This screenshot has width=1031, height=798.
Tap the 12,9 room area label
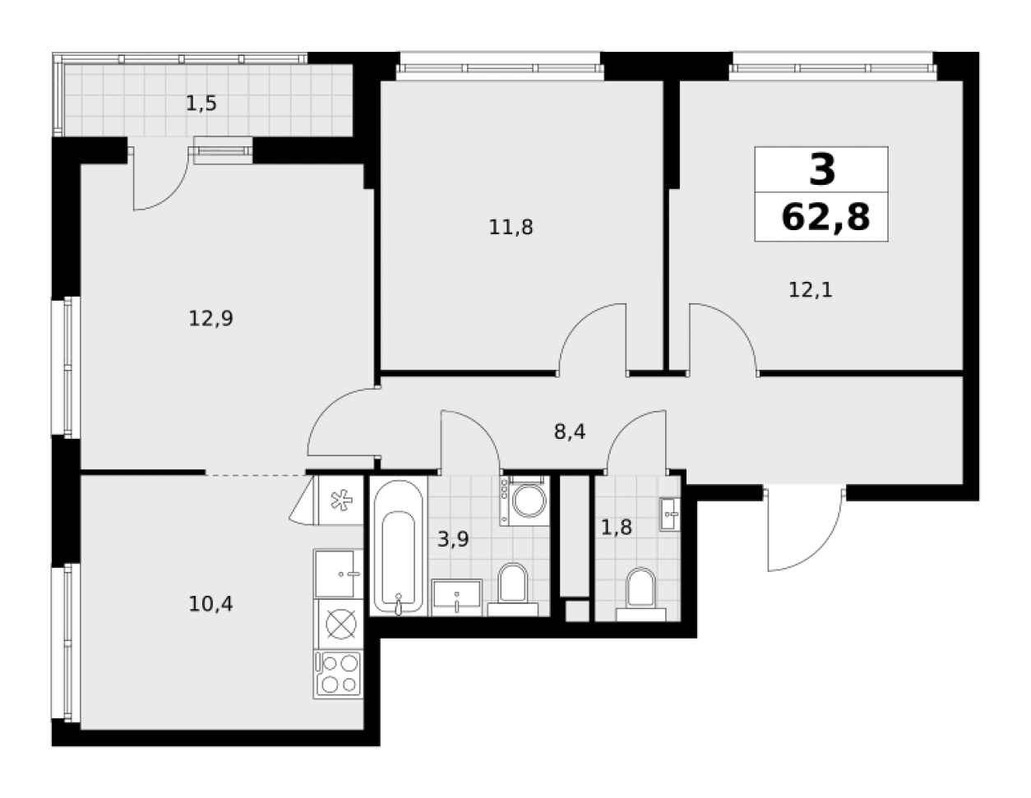click(211, 318)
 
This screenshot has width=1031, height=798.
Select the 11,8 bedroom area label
click(511, 227)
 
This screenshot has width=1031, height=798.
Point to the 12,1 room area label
click(811, 289)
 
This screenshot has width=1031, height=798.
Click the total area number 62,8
click(825, 219)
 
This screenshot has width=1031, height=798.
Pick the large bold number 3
click(822, 170)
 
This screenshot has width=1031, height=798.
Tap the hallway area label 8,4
click(569, 432)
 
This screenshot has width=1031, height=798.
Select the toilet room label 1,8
click(616, 527)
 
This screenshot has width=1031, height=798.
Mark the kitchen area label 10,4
click(211, 604)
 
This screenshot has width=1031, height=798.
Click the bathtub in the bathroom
click(398, 547)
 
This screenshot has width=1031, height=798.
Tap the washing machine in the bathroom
click(524, 500)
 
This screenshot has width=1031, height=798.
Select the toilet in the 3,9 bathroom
click(512, 585)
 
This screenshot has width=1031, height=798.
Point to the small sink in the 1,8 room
click(670, 514)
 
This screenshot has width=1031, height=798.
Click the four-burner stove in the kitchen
click(338, 673)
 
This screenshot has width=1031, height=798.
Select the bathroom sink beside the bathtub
click(457, 596)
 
